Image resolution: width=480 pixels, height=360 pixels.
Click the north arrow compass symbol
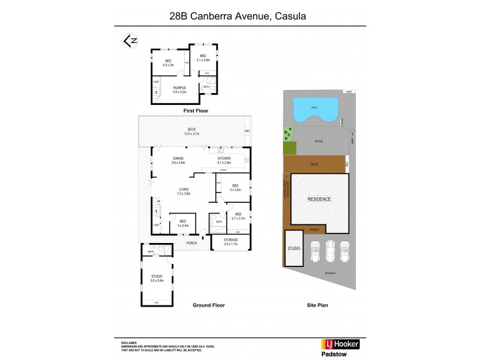pos(130,41)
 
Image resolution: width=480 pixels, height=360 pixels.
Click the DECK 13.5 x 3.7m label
pos(191,131)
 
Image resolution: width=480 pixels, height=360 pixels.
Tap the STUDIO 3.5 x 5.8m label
pos(157,278)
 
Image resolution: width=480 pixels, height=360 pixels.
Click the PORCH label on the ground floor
pos(191,243)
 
